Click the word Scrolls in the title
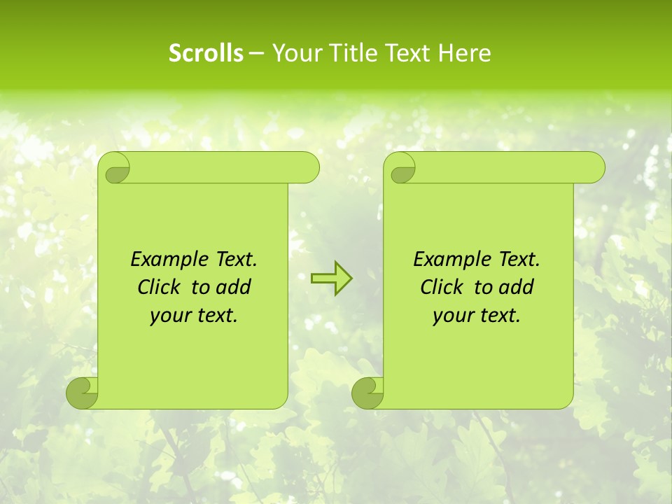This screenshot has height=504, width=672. click(206, 53)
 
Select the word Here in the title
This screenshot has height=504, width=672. click(464, 53)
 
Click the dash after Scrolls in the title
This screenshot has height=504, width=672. click(257, 54)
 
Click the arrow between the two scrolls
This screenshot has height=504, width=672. click(331, 279)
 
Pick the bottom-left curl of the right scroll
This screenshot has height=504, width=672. click(367, 393)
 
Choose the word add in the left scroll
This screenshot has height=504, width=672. click(233, 287)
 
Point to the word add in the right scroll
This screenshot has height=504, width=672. click(516, 287)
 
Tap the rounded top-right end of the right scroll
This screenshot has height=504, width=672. click(591, 168)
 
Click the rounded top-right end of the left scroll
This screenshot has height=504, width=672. click(307, 168)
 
